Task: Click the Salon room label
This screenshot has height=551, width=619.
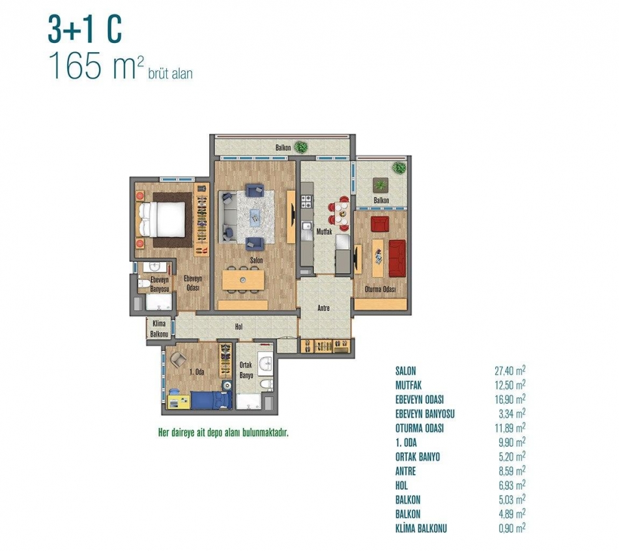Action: [256, 260]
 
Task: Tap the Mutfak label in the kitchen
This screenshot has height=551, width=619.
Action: [324, 232]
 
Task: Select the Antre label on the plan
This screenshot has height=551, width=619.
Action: [323, 308]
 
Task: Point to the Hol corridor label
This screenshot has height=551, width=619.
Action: [239, 327]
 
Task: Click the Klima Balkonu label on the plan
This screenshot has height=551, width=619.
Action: [159, 329]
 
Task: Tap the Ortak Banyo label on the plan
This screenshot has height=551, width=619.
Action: [246, 370]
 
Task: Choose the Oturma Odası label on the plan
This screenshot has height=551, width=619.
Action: [380, 289]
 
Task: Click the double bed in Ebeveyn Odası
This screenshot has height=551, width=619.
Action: [162, 219]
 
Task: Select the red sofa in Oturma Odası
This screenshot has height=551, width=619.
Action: [397, 259]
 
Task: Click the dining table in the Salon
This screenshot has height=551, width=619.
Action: [243, 280]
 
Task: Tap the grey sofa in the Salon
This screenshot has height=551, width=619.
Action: [229, 216]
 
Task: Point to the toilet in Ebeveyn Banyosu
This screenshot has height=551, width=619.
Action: [144, 283]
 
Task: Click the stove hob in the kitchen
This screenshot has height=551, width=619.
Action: [307, 202]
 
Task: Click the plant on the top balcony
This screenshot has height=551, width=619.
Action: [301, 147]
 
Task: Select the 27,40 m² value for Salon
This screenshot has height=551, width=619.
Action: [510, 370]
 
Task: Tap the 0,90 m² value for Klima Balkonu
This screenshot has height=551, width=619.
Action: [512, 528]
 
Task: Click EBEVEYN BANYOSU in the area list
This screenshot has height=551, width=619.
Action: [425, 414]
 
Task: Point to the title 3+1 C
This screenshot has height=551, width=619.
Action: [85, 29]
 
